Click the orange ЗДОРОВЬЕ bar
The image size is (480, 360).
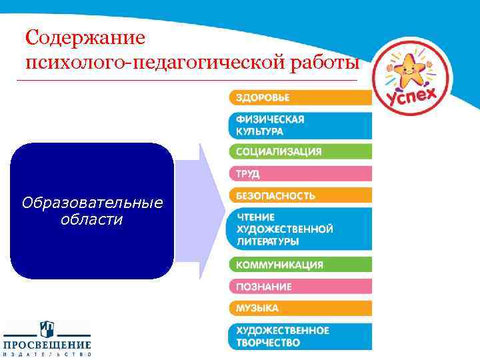click(301, 97)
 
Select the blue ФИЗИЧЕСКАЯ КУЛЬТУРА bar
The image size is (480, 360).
click(301, 125)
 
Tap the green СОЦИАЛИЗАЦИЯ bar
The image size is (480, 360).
click(301, 151)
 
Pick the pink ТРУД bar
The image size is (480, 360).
click(301, 174)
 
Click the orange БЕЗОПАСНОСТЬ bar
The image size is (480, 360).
click(301, 196)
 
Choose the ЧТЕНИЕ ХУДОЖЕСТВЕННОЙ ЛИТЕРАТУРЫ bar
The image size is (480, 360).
click(301, 229)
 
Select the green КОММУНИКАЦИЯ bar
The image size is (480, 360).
click(301, 265)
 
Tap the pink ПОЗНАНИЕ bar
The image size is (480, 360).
click(301, 287)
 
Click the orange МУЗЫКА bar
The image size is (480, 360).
click(301, 309)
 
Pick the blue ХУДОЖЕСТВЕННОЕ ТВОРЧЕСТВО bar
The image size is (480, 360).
click(301, 337)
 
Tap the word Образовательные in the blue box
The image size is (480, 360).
click(92, 203)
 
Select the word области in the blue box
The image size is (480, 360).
click(91, 219)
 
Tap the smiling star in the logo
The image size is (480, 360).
click(408, 69)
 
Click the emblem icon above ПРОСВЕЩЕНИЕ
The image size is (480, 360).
click(47, 329)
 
